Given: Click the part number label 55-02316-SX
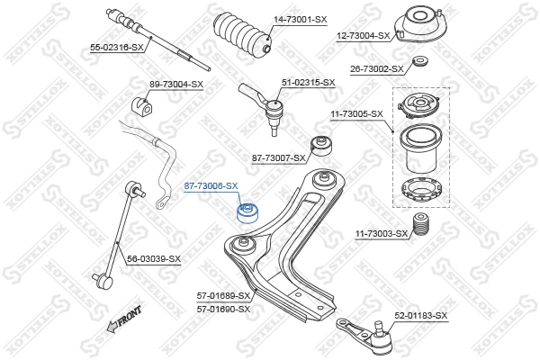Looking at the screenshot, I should pyautogui.click(x=117, y=47).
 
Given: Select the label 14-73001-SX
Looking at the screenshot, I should pyautogui.click(x=301, y=19).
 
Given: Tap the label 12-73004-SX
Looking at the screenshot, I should pyautogui.click(x=364, y=36).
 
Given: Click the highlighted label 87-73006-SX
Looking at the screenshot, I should pyautogui.click(x=211, y=186).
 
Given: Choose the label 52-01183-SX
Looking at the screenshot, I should pyautogui.click(x=420, y=316).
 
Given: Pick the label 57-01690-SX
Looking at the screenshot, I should pyautogui.click(x=222, y=309).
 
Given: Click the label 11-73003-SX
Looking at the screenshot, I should pyautogui.click(x=382, y=234).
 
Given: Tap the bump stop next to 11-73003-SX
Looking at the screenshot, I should pyautogui.click(x=418, y=226).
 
